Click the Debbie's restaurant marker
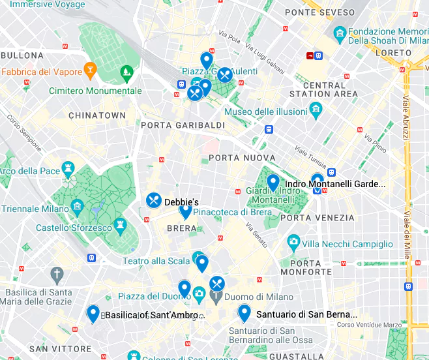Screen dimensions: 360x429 (x=154, y=200)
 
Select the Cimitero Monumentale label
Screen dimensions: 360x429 (x=95, y=91)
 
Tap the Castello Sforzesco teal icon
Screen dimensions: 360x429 (x=120, y=225)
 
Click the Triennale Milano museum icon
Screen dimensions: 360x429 (x=78, y=209)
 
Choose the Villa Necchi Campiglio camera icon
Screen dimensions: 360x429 (x=293, y=243)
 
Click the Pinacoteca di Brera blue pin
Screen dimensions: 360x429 (x=186, y=211)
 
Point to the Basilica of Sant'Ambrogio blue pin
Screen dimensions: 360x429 (x=93, y=313)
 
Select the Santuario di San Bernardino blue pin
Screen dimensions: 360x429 (x=244, y=312)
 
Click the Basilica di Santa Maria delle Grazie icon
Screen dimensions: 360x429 (x=57, y=273)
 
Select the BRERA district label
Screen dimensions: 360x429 (x=182, y=228)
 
